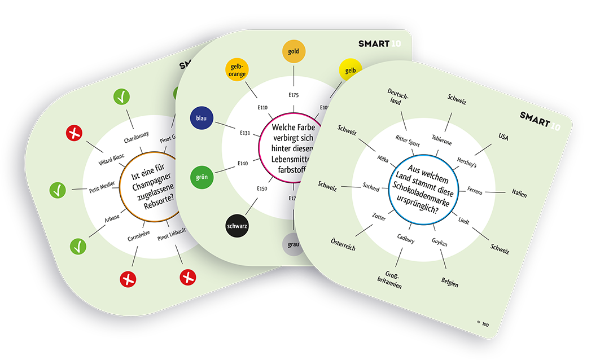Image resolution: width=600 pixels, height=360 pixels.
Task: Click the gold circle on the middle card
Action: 294,52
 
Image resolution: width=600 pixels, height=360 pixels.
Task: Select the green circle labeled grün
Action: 202,177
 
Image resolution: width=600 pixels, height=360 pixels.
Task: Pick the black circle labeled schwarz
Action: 237,226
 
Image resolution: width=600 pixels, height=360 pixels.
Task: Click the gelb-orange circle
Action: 237,69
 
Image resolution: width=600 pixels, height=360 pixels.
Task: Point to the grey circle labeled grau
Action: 294,245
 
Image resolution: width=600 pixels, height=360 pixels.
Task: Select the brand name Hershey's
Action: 467,162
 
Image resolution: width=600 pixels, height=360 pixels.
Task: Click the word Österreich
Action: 343,244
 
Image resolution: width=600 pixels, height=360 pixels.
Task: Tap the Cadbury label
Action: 405,240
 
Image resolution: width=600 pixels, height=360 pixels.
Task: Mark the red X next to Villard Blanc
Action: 74,134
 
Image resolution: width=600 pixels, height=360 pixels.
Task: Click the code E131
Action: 245,133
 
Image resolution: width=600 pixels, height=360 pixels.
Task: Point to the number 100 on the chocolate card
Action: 485,324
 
